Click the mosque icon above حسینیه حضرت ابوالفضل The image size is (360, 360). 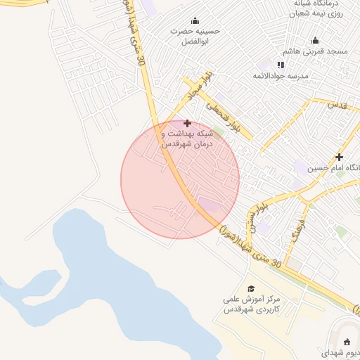click(195, 20)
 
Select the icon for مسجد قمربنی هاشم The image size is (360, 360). click(315, 40)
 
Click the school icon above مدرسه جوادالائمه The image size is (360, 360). click(281, 65)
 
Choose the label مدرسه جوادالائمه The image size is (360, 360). click(280, 76)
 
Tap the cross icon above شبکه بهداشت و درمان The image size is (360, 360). click(187, 123)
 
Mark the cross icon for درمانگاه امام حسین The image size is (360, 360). click(339, 157)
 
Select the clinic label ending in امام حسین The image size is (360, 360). click(345, 168)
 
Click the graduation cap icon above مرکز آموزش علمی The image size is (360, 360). click(251, 288)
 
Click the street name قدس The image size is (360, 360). click(339, 104)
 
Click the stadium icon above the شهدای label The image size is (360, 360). click(347, 342)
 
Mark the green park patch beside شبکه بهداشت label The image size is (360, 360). click(219, 130)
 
